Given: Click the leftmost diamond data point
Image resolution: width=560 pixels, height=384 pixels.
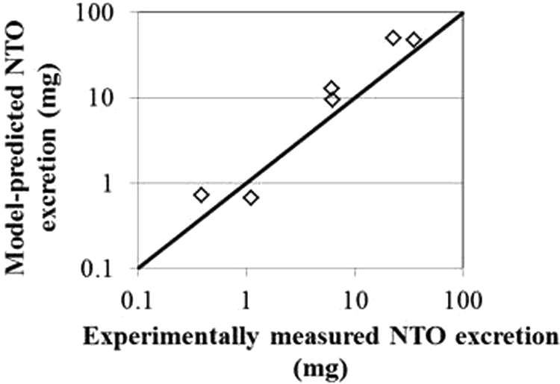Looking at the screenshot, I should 201,195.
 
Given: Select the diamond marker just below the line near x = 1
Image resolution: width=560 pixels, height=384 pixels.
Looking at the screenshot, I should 251,198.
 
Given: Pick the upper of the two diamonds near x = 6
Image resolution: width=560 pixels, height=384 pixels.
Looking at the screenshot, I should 331,88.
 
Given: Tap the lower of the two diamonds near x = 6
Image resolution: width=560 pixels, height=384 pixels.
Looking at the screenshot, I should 333,100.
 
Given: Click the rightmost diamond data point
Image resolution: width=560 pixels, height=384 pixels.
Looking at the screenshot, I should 414,40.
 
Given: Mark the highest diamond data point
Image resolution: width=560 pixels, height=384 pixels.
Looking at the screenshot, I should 393,37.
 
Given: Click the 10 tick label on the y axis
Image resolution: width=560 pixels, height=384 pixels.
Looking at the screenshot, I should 114,98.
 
